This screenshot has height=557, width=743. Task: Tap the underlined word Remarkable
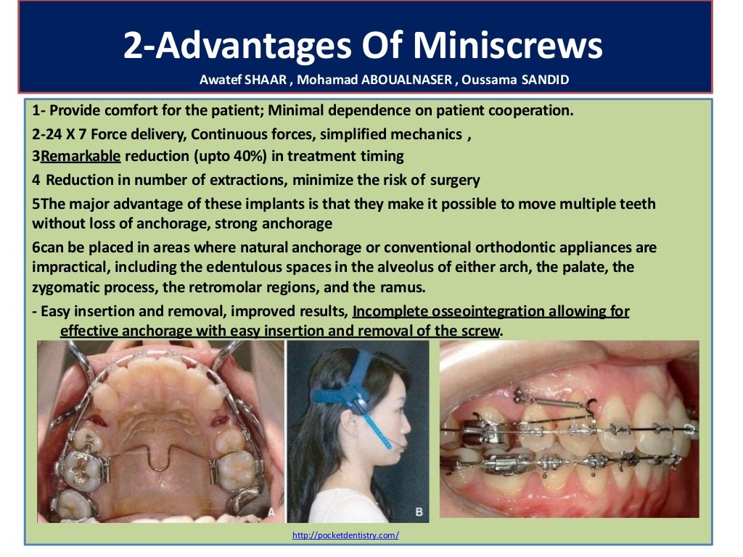click(x=81, y=156)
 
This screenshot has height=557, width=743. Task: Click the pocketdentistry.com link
click(x=345, y=535)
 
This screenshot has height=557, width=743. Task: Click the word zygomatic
click(x=63, y=287)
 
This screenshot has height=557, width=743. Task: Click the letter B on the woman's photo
click(x=419, y=513)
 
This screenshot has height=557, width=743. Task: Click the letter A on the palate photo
click(x=271, y=511)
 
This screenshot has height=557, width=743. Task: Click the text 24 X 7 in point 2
click(x=59, y=134)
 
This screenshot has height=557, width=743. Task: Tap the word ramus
click(x=403, y=287)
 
